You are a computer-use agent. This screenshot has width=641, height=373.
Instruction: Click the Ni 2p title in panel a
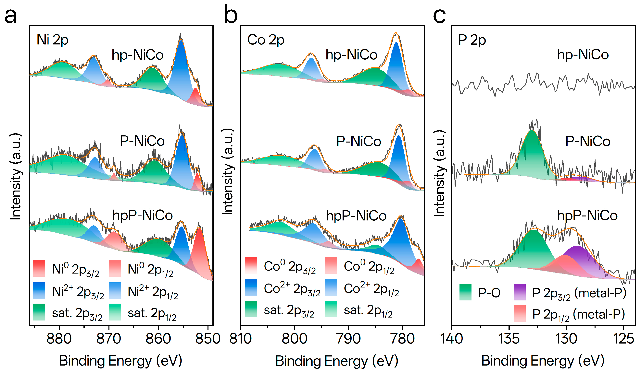[x=52, y=40]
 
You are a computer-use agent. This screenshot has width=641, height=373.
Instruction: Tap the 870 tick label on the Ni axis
[x=109, y=339]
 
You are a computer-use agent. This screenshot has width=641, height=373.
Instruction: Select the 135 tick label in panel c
[x=509, y=339]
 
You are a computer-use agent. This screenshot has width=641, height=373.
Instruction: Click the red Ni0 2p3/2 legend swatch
[x=39, y=268]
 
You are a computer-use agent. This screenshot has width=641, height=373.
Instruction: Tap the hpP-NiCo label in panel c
[x=587, y=216]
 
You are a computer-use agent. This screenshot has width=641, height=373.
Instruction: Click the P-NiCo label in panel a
[x=142, y=141]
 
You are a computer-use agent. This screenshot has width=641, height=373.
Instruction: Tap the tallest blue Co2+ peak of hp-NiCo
[x=396, y=64]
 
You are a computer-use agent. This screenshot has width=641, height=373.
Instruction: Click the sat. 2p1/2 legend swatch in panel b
[x=331, y=309]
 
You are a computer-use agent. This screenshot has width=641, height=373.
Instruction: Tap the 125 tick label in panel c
[x=623, y=339]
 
